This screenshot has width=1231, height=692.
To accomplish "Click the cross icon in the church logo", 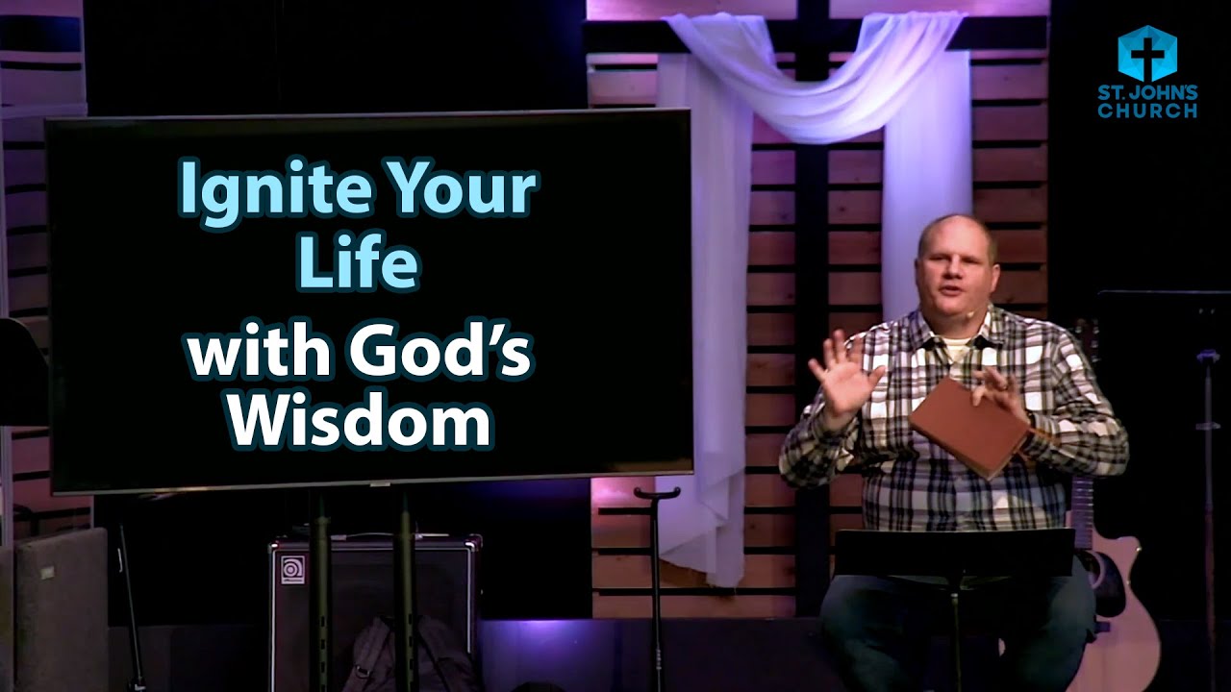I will (1146, 54).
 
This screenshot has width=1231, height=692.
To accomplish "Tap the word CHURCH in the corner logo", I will (1147, 111).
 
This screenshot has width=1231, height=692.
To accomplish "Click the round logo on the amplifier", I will (292, 570).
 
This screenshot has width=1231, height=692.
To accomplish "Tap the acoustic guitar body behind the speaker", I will (1125, 615).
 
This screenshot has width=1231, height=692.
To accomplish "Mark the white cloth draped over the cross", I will (817, 86).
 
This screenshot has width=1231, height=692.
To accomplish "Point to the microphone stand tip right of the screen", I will (657, 493).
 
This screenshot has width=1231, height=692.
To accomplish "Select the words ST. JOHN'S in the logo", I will (1147, 92).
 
